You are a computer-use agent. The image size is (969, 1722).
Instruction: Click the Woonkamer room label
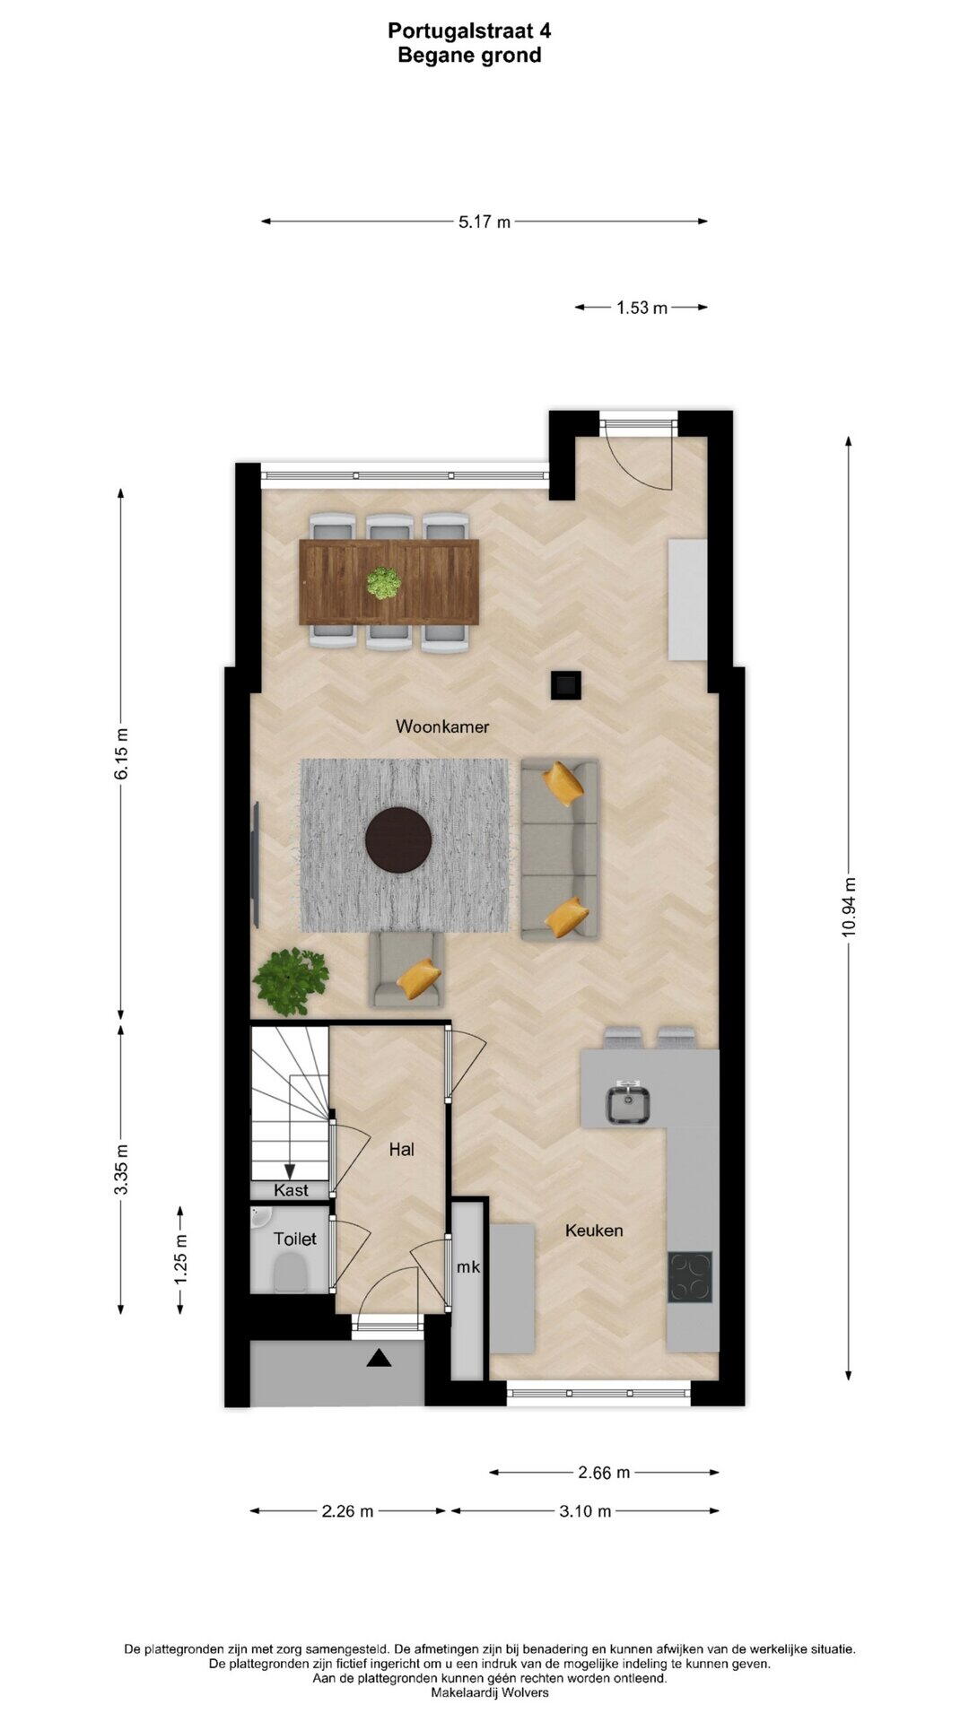[442, 726]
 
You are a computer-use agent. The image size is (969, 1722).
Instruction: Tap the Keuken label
[593, 1231]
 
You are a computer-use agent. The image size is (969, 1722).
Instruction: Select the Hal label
[401, 1149]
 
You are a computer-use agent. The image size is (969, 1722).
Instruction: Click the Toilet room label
[294, 1239]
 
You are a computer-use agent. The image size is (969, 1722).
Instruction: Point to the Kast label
[291, 1190]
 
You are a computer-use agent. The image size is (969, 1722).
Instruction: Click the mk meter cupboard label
[468, 1267]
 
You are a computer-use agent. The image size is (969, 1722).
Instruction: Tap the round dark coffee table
[398, 839]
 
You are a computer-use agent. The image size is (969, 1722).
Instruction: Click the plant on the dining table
[384, 583]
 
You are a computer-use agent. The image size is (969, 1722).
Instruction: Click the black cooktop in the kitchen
[690, 1277]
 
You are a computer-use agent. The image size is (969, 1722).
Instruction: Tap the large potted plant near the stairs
[290, 980]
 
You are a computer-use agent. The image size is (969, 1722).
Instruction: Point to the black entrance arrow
[380, 1359]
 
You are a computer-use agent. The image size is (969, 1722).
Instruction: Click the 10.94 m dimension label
[849, 908]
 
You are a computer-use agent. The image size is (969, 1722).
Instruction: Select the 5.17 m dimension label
[484, 222]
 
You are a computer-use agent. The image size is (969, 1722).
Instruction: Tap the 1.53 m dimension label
[642, 308]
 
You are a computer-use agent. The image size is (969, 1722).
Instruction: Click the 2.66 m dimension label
[604, 1472]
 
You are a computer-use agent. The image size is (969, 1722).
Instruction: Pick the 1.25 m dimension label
[181, 1260]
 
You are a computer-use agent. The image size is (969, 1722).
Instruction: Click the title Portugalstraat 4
[469, 30]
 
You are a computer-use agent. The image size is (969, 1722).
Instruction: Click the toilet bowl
[289, 1272]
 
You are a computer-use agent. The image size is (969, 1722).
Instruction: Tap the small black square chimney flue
[565, 685]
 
